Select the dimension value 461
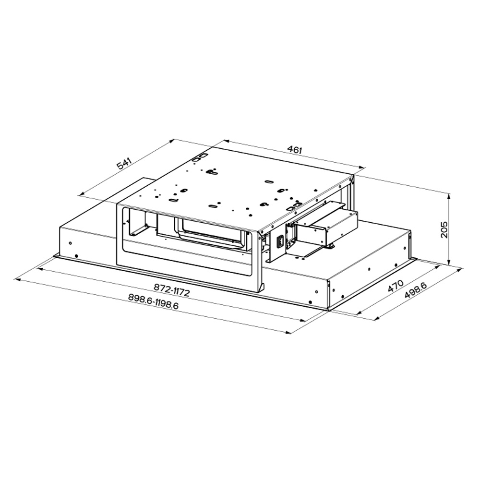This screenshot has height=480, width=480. coord(295,149)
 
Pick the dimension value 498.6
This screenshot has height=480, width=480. coord(415,290)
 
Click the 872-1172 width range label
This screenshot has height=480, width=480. coord(171,290)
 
